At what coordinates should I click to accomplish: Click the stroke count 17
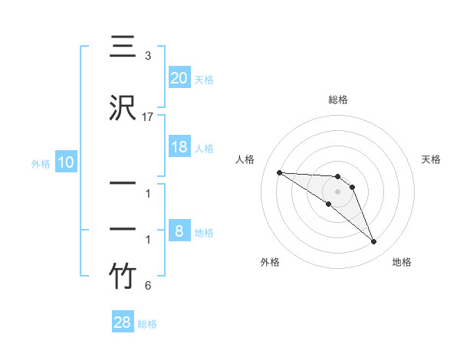(148, 116)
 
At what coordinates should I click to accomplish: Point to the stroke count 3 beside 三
(148, 57)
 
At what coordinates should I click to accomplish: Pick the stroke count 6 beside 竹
(148, 286)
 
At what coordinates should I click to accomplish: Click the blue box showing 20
(179, 78)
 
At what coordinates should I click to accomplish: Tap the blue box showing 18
(179, 147)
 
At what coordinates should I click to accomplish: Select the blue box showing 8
(179, 232)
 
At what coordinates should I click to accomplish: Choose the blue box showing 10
(65, 162)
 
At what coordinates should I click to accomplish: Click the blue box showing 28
(123, 322)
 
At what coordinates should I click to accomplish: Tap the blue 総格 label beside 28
(147, 324)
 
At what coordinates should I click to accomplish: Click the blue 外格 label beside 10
(40, 163)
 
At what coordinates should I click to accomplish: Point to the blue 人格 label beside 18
(204, 148)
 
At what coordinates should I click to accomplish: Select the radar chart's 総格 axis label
(338, 100)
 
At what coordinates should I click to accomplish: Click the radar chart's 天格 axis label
(431, 159)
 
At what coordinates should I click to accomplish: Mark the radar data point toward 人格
(279, 172)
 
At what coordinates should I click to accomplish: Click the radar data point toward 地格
(373, 242)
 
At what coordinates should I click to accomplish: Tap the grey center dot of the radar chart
(338, 191)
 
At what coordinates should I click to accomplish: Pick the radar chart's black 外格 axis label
(270, 262)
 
